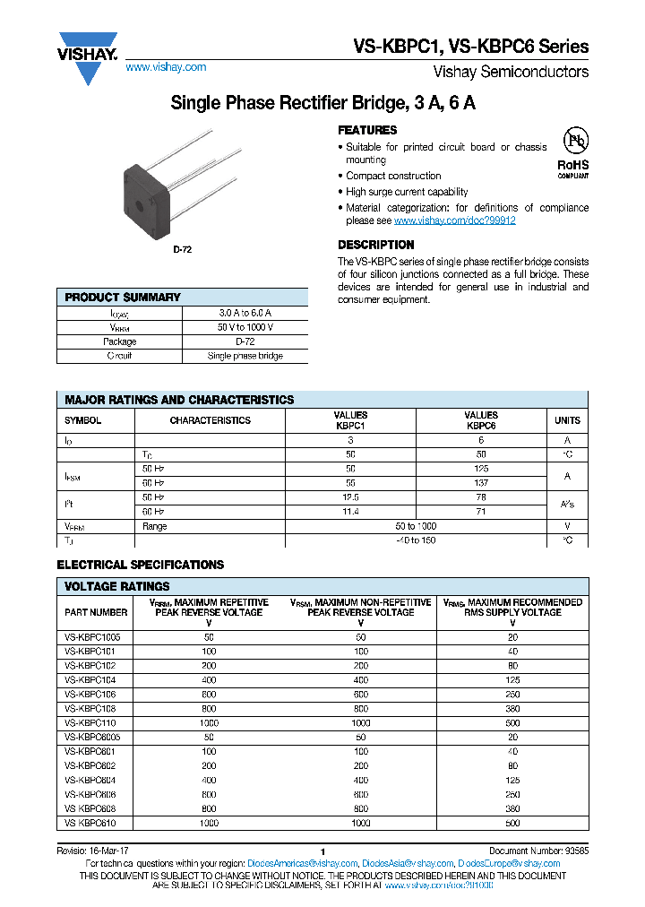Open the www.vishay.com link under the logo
click(166, 67)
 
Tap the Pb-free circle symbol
click(574, 142)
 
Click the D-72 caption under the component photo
click(182, 250)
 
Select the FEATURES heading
click(367, 130)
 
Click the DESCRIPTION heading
click(375, 245)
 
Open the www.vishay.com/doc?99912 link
click(454, 220)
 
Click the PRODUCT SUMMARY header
click(123, 298)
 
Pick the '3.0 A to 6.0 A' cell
click(245, 313)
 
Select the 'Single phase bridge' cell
click(245, 356)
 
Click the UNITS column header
click(567, 420)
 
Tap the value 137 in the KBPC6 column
click(481, 482)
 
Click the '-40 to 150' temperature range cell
click(416, 540)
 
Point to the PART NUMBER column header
click(96, 612)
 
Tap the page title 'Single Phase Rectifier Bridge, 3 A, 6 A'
click(322, 103)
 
